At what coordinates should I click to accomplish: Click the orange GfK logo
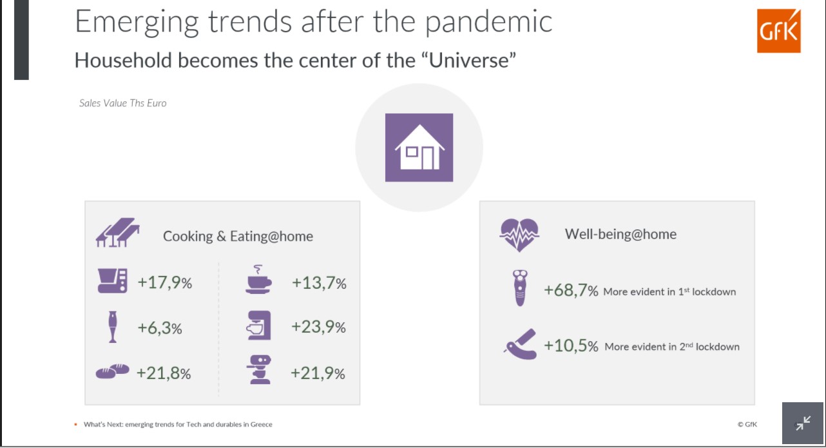[779, 31]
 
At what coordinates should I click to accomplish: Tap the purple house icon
[419, 148]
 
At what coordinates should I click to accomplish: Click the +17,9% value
[164, 282]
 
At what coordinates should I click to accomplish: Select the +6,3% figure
[160, 327]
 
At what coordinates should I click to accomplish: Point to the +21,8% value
[164, 373]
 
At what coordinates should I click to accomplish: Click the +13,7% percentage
[319, 283]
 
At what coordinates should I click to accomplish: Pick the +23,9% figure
[318, 327]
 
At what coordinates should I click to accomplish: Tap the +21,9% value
[318, 373]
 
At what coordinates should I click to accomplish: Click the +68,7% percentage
[571, 291]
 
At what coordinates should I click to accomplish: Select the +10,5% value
[571, 346]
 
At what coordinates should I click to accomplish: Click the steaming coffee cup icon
[258, 279]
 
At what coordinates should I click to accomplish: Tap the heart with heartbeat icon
[519, 235]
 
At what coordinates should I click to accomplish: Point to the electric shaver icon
[520, 288]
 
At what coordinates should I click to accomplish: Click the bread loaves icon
[113, 371]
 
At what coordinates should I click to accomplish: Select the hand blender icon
[113, 327]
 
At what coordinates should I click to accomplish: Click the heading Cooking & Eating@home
[238, 236]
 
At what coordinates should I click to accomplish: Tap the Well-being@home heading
[620, 234]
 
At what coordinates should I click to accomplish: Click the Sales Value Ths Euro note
[123, 103]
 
